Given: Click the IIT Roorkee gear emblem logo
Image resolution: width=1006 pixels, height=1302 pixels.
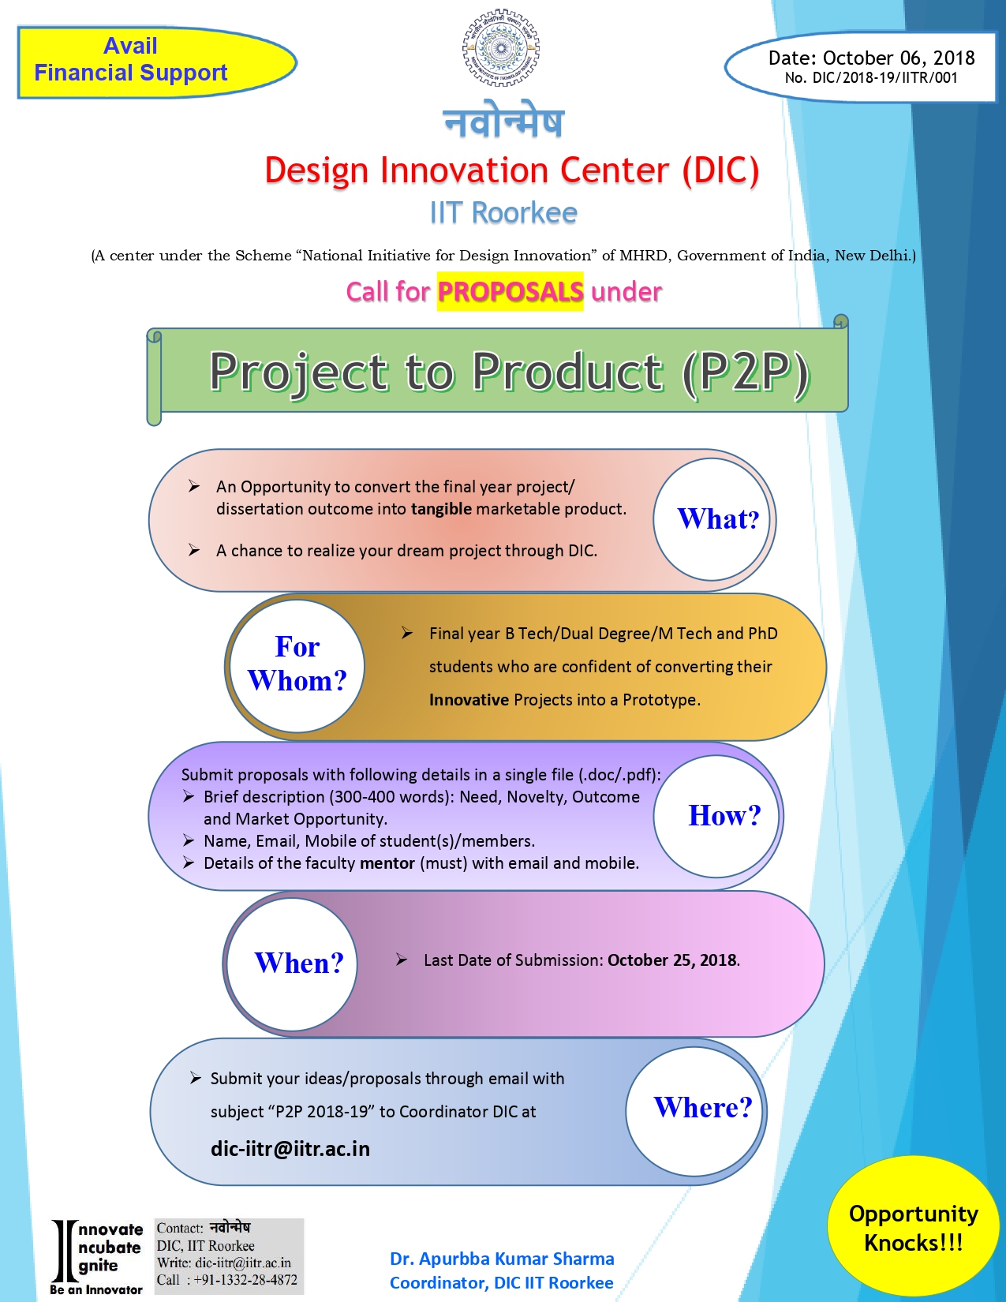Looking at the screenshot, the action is coord(501,48).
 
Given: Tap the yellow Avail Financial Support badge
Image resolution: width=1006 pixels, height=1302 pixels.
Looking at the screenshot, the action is coord(157,62).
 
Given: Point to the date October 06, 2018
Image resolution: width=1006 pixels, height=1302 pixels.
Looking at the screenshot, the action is coord(898,58).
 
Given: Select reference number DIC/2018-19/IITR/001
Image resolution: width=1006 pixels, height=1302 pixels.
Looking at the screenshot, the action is coord(884,78).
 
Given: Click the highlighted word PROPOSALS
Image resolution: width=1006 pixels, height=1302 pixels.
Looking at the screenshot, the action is coord(510,292).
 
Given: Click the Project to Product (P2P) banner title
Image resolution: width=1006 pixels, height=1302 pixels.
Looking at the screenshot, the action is coord(509,372).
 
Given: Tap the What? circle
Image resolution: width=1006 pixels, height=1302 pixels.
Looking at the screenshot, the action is coord(712,519).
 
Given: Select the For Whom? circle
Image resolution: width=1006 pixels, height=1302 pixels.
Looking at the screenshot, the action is coord(297,666).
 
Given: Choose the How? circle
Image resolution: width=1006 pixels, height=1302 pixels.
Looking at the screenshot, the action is coord(716,816).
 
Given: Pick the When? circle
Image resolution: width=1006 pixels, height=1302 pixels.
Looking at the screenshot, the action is coord(293,964).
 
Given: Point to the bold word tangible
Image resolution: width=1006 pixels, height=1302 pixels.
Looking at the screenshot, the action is coord(441,509).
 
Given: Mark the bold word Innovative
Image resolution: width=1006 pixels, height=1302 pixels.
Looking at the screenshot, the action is coord(469,700).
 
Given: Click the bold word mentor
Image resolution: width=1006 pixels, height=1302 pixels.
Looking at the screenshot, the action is coord(387,863).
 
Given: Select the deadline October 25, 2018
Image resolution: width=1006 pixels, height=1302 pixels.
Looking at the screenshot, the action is coord(671,960).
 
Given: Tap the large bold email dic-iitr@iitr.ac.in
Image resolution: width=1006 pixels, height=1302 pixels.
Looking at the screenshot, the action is coord(290,1149).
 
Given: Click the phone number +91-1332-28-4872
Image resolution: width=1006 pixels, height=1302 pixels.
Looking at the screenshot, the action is coord(245,1280).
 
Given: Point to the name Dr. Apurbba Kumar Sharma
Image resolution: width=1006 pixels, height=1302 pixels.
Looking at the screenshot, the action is coord(502,1259).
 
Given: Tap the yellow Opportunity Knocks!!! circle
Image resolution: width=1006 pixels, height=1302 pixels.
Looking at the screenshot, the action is coord(913,1229).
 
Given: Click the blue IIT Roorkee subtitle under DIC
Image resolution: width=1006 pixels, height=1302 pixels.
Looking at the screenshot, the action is coord(503,213).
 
